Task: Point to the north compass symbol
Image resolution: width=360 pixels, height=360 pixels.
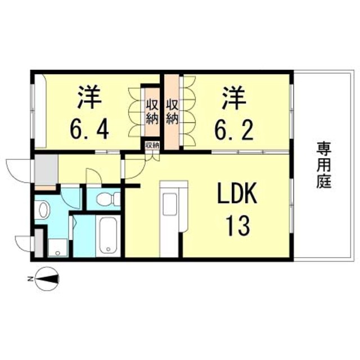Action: [47, 279]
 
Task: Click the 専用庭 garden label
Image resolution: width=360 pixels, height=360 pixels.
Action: [324, 165]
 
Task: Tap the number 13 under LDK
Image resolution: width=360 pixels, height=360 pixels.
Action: [237, 226]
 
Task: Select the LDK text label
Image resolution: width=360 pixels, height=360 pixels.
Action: [237, 193]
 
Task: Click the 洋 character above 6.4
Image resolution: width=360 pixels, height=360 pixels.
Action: [89, 97]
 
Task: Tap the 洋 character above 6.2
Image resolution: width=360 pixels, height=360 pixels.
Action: [234, 97]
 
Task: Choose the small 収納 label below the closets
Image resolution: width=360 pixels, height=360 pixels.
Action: [152, 145]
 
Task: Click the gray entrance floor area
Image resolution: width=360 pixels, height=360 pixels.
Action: [46, 169]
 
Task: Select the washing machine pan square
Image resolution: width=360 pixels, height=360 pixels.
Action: [58, 248]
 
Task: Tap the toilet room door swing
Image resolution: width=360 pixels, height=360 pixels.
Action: [94, 175]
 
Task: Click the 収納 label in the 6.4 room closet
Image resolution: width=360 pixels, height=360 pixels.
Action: [152, 112]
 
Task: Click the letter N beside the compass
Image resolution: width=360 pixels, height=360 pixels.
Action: [30, 279]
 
